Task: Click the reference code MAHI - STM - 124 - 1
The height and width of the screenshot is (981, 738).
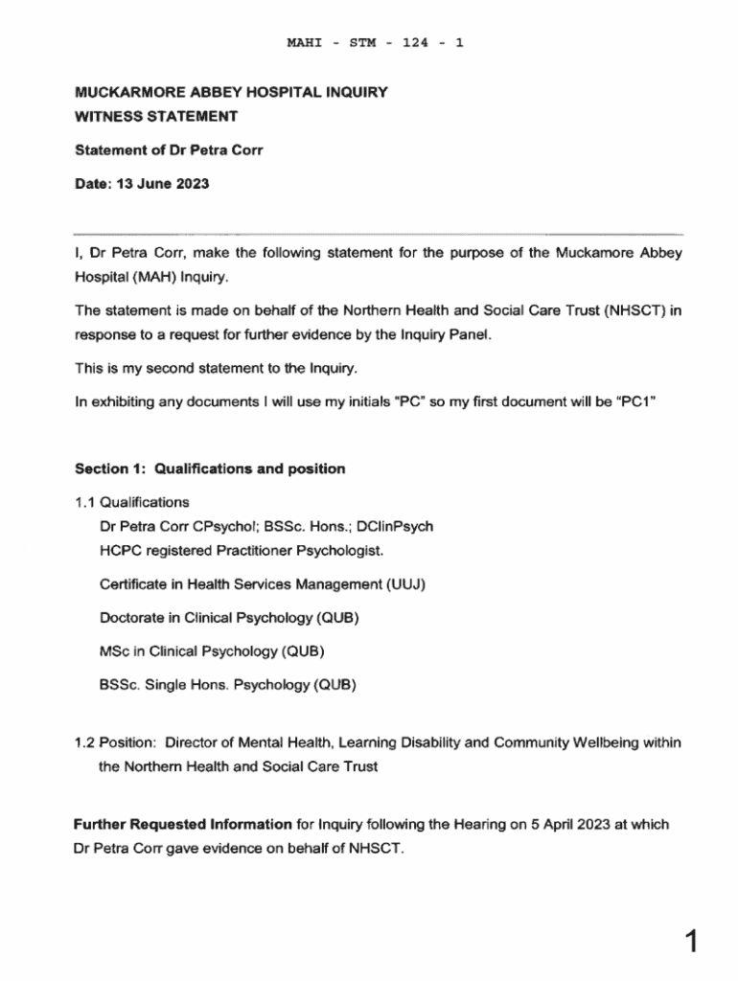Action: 376,42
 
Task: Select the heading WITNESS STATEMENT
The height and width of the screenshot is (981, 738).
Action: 156,117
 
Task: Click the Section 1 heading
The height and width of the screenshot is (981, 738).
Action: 210,468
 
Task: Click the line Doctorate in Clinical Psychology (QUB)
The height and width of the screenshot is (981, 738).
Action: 229,618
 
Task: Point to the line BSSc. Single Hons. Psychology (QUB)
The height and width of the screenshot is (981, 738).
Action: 227,685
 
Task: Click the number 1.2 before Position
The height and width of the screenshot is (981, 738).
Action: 85,741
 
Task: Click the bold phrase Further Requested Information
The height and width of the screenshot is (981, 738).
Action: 183,824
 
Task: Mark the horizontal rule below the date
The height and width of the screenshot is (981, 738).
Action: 378,234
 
